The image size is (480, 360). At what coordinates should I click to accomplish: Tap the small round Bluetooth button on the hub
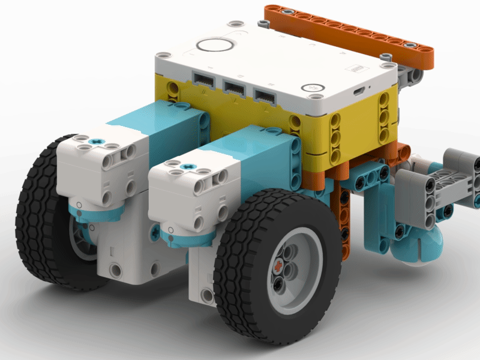pos(313,86)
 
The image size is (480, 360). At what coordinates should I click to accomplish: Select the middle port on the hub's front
pos(234,88)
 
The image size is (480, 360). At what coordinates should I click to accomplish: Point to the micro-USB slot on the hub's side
pos(358,92)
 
